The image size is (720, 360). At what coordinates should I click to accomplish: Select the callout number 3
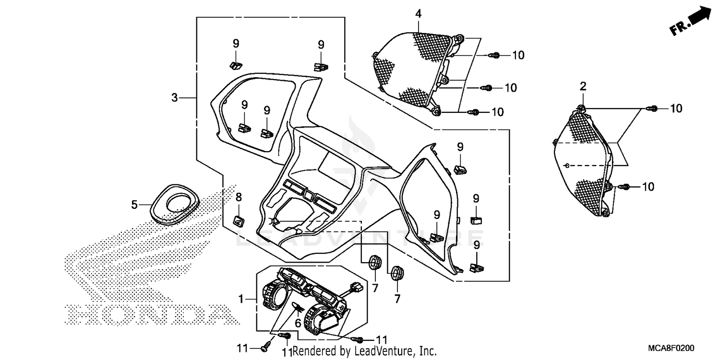point(175,98)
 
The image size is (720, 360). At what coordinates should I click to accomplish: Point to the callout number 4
point(419,14)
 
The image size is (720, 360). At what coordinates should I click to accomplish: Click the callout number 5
point(135,205)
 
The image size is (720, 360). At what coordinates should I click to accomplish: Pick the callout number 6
point(298,324)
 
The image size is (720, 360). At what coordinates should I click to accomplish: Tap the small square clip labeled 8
point(239,220)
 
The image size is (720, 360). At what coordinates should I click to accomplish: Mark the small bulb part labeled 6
point(298,308)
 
